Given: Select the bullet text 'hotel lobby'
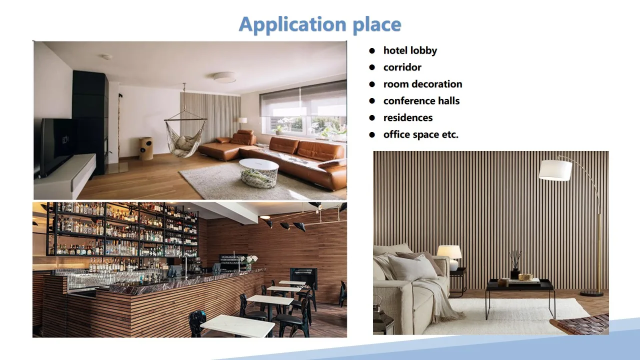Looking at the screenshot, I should pos(410,50).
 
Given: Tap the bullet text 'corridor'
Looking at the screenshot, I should pos(402,67).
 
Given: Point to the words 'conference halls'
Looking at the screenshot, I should pos(421,101).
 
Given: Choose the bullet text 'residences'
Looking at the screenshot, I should pos(407,118).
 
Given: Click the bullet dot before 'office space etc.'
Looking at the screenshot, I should pos(371,134).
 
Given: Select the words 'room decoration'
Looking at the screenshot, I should pos(422,84).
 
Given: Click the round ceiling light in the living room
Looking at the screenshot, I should pos(224,77).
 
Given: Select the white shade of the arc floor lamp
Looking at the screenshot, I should pos(555,170).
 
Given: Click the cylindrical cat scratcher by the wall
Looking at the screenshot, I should pos(146,148).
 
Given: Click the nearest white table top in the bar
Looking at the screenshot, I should pos(237,325).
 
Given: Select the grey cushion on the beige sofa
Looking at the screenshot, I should pos(412,267).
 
